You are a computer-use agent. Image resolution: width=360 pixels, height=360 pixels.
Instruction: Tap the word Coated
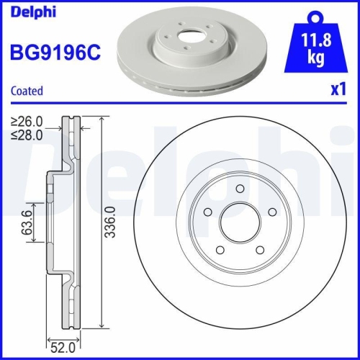[27, 91]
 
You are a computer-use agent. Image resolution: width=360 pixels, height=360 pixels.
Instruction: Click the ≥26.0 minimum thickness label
[27, 121]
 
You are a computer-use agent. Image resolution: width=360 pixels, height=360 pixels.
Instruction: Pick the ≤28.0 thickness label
[27, 133]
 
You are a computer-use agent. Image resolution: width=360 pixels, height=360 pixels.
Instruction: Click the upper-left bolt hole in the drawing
[207, 212]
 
